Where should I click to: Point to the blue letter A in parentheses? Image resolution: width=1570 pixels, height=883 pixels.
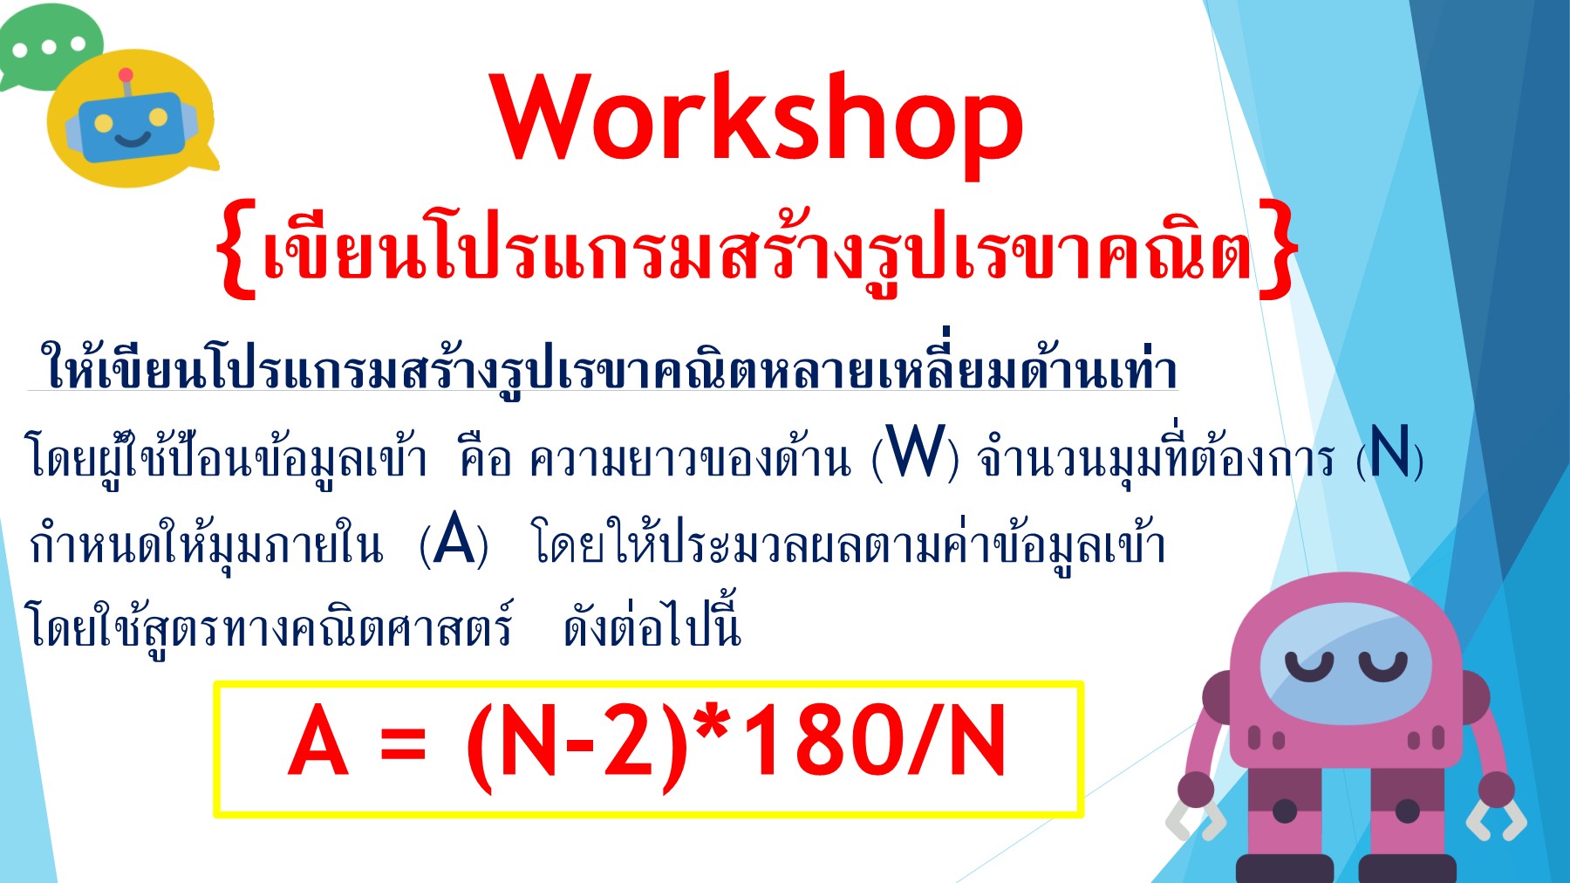point(454,541)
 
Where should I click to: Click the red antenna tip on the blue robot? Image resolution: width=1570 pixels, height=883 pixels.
point(126,75)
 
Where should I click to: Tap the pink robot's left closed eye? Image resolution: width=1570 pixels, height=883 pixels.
point(1308,667)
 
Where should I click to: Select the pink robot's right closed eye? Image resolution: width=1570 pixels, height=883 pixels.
point(1382,667)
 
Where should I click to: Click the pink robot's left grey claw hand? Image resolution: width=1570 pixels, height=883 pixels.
point(1196,820)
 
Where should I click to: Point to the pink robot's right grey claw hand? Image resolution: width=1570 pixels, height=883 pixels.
point(1497,820)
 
